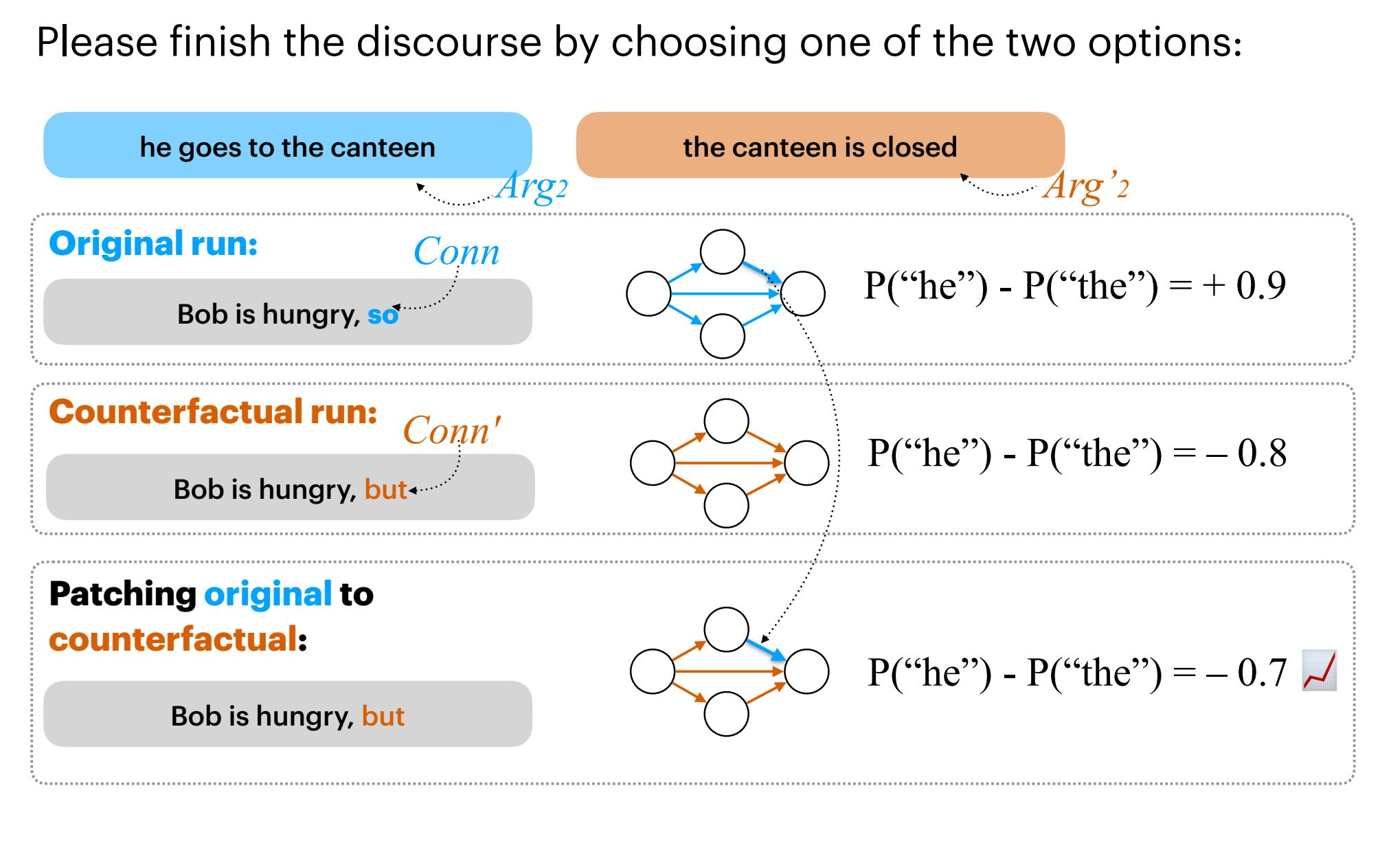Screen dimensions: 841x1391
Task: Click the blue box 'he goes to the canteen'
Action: [x=287, y=146]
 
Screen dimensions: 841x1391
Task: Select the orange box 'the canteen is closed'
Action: [x=819, y=146]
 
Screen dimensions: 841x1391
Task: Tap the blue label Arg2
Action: [x=532, y=186]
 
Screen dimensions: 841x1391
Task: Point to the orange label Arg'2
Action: [x=1085, y=186]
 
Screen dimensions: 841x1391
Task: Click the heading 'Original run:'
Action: [x=153, y=244]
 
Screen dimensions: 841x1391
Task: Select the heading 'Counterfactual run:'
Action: [x=213, y=412]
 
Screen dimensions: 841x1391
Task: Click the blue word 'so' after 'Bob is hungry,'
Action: [x=383, y=315]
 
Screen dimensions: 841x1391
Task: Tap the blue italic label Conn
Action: [x=456, y=251]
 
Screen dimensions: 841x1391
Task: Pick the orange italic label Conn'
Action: [x=451, y=431]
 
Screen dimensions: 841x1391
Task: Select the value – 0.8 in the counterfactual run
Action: [x=1246, y=453]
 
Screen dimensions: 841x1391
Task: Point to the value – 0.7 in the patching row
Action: [x=1246, y=673]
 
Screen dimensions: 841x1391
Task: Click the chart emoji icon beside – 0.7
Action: [x=1319, y=671]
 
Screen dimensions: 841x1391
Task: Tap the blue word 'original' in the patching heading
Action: [x=268, y=594]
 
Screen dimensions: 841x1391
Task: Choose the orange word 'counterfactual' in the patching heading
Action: [x=173, y=640]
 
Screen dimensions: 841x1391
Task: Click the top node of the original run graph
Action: [x=722, y=251]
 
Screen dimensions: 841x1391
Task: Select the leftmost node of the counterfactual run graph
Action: [x=652, y=462]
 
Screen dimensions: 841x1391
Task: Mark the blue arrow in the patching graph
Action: [x=765, y=649]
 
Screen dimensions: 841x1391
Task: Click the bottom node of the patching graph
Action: [x=726, y=714]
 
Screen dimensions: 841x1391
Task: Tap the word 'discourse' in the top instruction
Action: [x=449, y=42]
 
